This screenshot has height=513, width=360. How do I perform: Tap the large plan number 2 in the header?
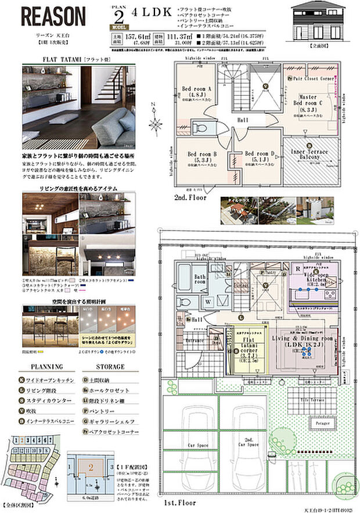(x=120, y=16)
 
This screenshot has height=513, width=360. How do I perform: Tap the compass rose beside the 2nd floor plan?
(x=155, y=124)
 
